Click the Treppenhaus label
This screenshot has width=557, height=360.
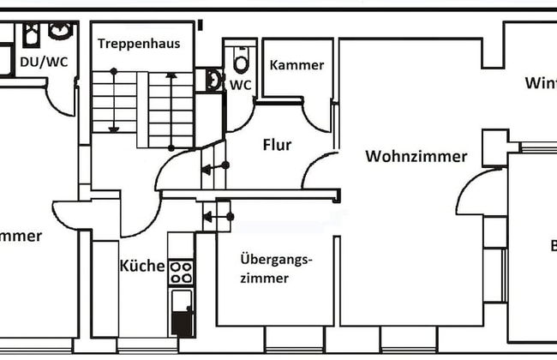point(138,43)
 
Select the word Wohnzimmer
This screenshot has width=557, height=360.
point(416,156)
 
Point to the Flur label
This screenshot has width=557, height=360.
point(277,145)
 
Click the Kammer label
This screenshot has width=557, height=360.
point(296,65)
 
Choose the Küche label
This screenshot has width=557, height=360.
point(141,266)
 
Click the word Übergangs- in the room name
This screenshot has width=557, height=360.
point(274,259)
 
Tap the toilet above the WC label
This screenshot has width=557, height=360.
point(241,61)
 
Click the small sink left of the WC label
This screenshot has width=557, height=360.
point(213,80)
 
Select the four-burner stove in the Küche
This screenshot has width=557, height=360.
point(181,272)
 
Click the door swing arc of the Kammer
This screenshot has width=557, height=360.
point(319,118)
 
